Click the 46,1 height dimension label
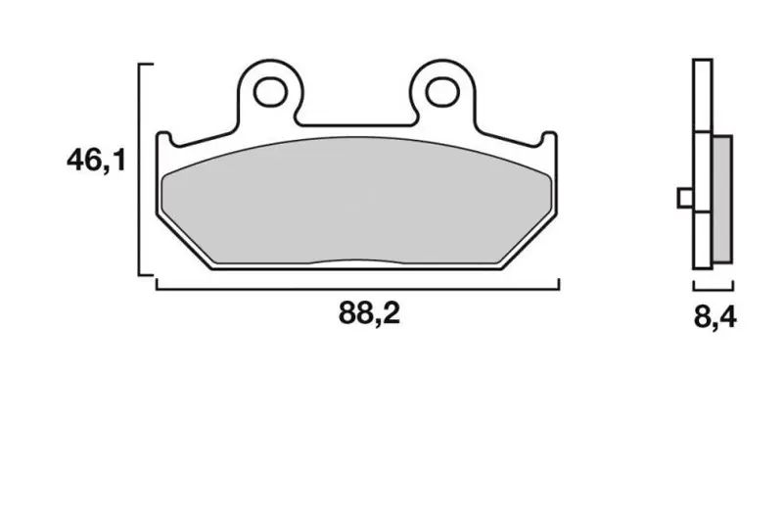click(x=96, y=161)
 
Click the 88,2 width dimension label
click(x=370, y=313)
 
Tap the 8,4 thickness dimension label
click(x=715, y=316)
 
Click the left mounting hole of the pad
click(x=270, y=92)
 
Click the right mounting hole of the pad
click(x=442, y=92)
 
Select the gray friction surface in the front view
click(x=357, y=201)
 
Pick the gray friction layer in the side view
click(x=723, y=199)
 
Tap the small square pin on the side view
click(x=685, y=198)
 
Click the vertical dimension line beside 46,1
click(x=139, y=169)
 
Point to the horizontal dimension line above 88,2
click(x=357, y=289)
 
